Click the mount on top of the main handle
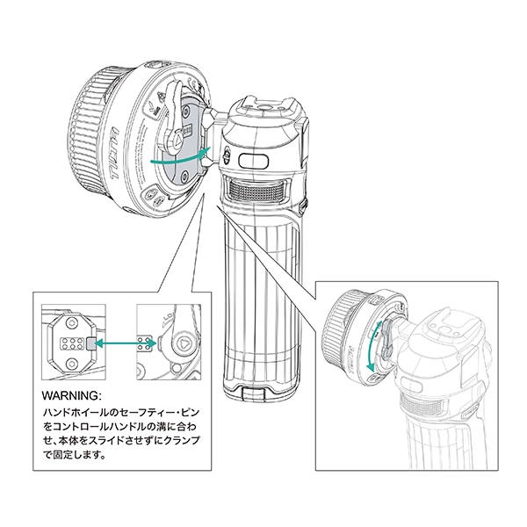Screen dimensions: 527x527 (263, 113)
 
